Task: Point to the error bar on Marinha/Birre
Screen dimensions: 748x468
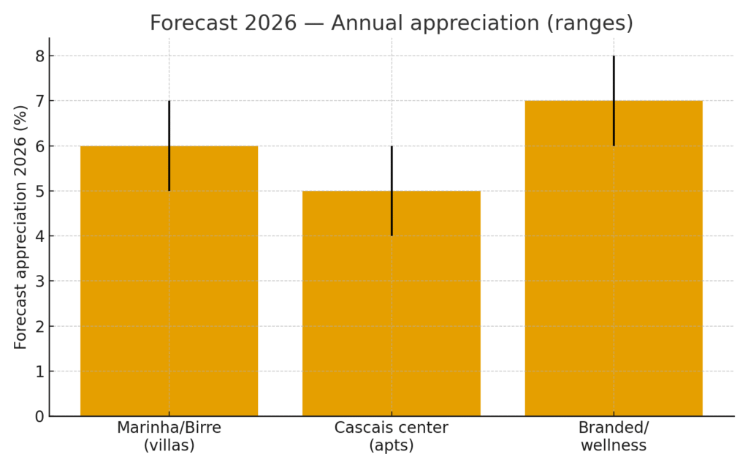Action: click(x=169, y=146)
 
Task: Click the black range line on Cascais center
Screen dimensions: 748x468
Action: click(x=392, y=191)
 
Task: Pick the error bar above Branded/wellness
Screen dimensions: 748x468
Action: click(x=614, y=101)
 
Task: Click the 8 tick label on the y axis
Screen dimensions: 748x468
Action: click(x=39, y=56)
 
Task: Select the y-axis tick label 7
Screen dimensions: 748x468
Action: click(x=39, y=101)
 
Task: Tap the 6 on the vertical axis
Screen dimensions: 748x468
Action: click(x=39, y=146)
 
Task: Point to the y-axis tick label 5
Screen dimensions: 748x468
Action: click(x=39, y=191)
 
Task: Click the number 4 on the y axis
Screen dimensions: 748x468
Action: click(x=39, y=236)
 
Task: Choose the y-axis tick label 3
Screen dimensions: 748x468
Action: click(x=39, y=282)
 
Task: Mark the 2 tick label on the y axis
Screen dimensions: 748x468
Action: click(x=39, y=326)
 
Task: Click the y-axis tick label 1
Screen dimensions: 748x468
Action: click(x=39, y=371)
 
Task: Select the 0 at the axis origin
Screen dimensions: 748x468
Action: click(x=39, y=416)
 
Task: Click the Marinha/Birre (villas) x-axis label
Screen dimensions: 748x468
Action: click(x=169, y=436)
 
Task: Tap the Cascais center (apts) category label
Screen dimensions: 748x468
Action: click(x=392, y=436)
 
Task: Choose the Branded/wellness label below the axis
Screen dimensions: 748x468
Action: click(x=614, y=436)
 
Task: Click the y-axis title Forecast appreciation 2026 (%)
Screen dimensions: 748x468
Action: click(x=20, y=227)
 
